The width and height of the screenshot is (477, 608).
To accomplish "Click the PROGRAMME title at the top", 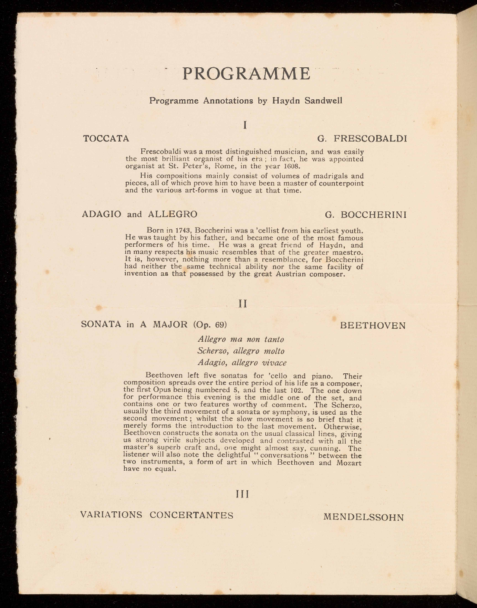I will coord(246,74).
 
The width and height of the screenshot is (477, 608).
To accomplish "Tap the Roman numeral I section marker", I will coord(245,125).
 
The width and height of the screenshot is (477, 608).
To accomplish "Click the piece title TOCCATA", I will coord(106,139).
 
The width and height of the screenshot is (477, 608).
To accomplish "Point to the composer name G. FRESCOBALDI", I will coord(362,139).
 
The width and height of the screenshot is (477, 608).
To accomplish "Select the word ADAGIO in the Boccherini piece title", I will coord(102,214).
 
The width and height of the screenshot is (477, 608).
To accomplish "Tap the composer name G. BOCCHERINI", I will coord(366,214).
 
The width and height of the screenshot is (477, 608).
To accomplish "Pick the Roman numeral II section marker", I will coord(243,304).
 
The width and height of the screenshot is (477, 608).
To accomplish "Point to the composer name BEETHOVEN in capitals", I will coord(373,325).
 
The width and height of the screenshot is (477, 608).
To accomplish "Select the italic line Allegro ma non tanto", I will coord(241,339).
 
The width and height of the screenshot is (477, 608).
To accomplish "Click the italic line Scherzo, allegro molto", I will coord(241,350).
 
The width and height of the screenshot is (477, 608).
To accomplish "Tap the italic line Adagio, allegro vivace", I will coord(242,362).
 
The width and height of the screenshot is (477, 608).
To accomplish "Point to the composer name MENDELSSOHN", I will coord(363,517).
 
